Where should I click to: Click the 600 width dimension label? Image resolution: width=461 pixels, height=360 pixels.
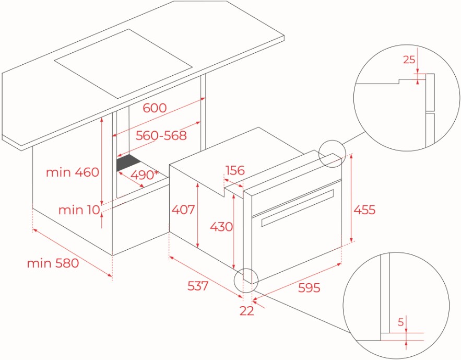155,108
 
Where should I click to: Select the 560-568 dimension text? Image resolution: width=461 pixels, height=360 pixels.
161,136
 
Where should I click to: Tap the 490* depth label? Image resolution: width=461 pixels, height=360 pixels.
144,175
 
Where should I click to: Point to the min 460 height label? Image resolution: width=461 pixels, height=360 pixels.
73,172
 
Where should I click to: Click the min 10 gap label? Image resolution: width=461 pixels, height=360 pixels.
79,210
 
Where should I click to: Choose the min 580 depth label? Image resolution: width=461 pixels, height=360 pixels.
53,263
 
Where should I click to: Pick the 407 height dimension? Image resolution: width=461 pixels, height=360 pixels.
183,210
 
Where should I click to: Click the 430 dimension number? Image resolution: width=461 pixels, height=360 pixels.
221,227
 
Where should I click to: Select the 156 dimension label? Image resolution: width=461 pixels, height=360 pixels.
235,170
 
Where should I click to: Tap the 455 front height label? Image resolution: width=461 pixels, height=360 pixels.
364,210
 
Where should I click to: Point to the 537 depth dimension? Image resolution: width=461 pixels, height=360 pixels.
198,286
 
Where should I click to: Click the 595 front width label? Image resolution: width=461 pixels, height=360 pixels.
309,288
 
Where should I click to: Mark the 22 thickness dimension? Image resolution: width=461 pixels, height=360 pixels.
246,311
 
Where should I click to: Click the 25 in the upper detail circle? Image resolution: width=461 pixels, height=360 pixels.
409,60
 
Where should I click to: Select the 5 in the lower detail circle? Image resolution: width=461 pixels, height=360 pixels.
401,322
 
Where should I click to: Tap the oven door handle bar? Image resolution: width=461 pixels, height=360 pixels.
298,208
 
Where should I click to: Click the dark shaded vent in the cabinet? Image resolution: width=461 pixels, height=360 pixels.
128,163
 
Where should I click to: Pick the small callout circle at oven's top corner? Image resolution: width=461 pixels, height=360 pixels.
332,154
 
